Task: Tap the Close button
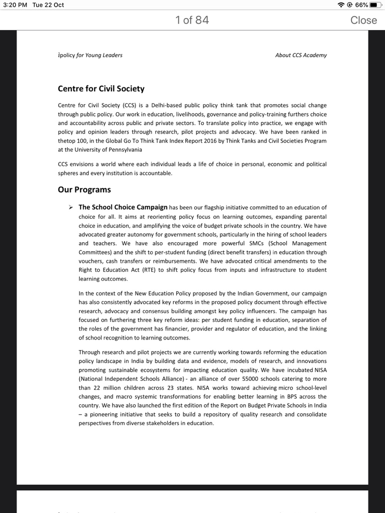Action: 363,20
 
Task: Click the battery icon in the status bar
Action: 375,5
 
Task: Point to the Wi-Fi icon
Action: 341,5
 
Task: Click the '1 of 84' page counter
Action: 192,20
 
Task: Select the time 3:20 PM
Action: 15,5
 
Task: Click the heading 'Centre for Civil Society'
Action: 101,89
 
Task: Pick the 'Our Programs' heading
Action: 84,190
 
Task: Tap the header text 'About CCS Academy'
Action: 301,55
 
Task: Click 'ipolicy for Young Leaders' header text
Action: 90,55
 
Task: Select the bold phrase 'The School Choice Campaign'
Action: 123,207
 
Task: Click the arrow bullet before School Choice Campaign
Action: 70,208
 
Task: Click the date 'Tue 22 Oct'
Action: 48,5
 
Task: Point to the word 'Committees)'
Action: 95,252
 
